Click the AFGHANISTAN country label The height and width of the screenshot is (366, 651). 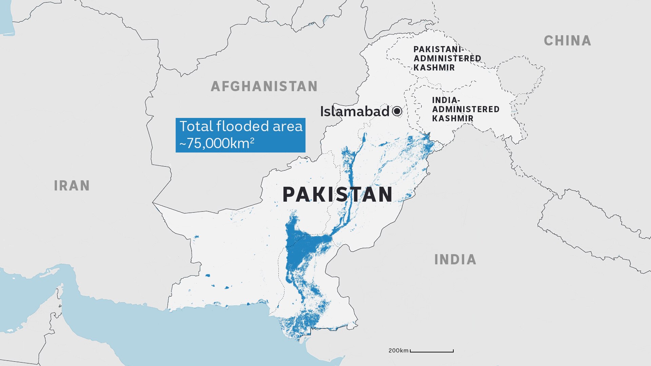click(x=264, y=86)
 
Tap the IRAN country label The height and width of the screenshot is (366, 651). click(x=72, y=186)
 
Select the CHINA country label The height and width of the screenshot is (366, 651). click(x=568, y=41)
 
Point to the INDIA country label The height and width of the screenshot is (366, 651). click(x=455, y=260)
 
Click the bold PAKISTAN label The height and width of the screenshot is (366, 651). click(x=337, y=195)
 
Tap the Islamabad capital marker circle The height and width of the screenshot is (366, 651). click(x=397, y=111)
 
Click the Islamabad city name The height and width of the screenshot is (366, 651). click(x=355, y=111)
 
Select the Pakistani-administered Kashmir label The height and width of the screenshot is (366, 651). click(x=447, y=58)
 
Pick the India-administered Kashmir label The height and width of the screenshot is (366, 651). click(x=465, y=109)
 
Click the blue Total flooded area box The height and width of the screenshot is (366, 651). click(x=240, y=135)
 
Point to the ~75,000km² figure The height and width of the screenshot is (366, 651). click(x=217, y=143)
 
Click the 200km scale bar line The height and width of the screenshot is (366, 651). click(x=432, y=351)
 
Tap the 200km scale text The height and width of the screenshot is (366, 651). click(x=398, y=350)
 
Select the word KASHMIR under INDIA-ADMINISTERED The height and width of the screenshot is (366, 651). click(x=453, y=119)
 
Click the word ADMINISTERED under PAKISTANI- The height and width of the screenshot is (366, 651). click(x=447, y=59)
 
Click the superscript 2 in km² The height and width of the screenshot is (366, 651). click(x=252, y=140)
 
